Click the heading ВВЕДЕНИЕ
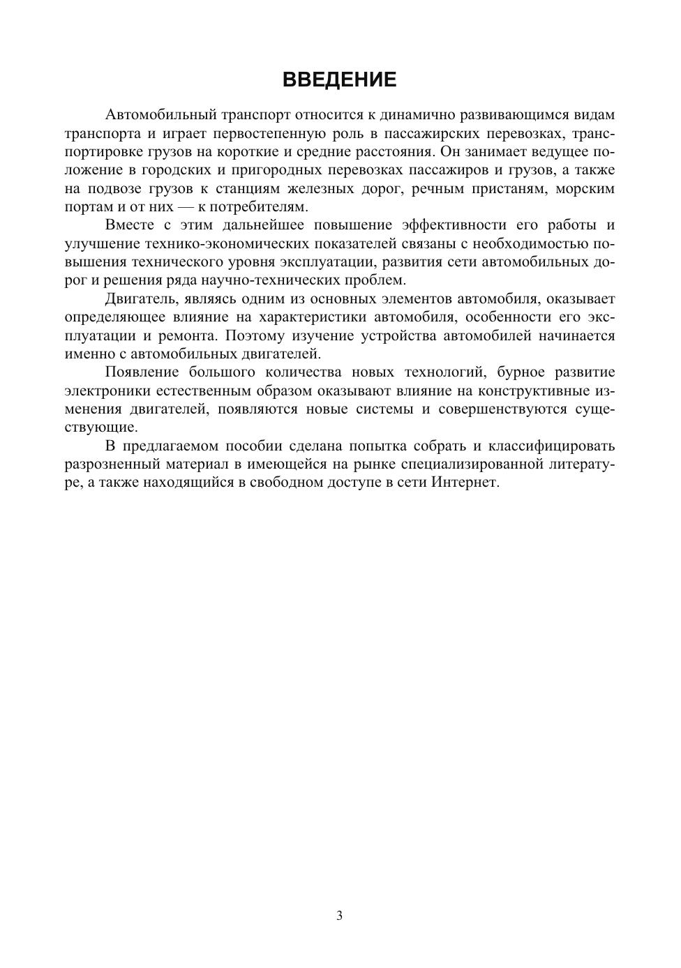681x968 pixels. point(340,80)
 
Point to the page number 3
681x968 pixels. point(340,916)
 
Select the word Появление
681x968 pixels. point(142,372)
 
